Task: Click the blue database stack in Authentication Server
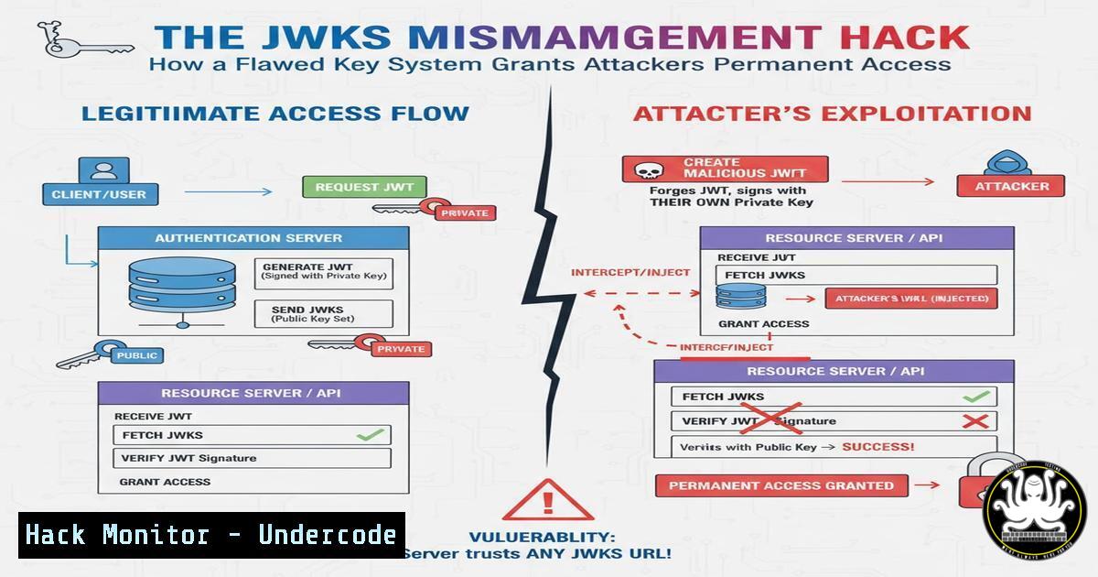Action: coord(182,282)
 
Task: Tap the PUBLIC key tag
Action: coord(137,354)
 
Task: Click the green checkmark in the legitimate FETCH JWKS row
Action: coord(369,434)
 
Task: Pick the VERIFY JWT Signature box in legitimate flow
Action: coord(252,458)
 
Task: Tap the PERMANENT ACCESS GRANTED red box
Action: coord(781,485)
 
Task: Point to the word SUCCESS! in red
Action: coord(877,447)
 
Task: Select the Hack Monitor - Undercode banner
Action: coord(211,535)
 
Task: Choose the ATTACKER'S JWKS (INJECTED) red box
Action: coord(910,299)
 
